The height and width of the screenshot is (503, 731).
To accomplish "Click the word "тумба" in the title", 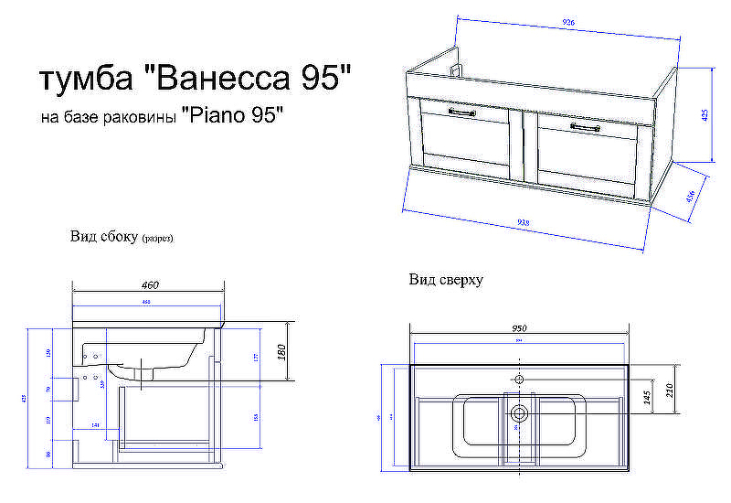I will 86,80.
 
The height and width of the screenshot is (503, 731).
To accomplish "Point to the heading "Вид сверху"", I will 445,280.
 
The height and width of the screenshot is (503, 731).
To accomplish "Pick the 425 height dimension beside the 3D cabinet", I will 705,115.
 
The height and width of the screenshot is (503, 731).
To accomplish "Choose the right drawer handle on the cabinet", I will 584,126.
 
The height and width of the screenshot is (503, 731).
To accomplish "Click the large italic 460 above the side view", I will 149,285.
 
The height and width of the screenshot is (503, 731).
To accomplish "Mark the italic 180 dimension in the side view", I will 281,350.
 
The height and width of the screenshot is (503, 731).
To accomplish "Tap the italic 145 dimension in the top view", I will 647,399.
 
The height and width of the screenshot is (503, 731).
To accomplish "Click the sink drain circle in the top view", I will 518,412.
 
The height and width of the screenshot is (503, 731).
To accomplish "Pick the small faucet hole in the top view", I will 518,379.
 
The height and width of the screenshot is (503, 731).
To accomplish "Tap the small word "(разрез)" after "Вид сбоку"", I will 157,238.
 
